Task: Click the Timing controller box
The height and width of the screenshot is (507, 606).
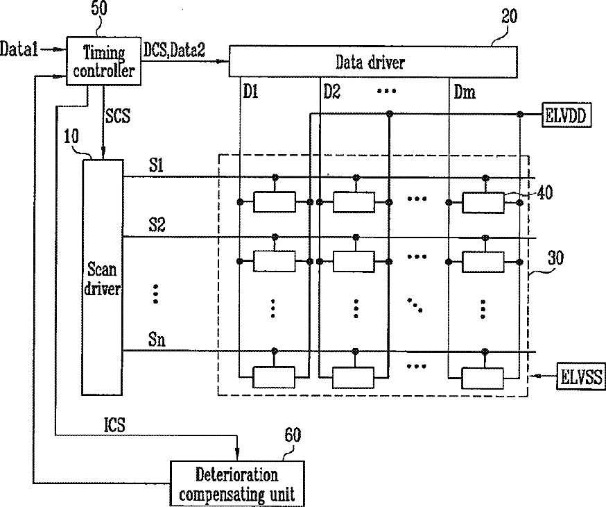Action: [x=103, y=61]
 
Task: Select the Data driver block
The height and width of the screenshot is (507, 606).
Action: [x=373, y=62]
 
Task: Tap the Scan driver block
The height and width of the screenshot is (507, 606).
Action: [x=103, y=277]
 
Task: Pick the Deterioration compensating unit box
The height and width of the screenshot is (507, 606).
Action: [x=237, y=483]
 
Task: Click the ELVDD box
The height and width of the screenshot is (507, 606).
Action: [x=566, y=115]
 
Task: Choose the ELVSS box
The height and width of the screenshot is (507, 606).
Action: [x=581, y=376]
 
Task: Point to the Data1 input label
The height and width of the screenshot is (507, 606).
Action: [x=19, y=49]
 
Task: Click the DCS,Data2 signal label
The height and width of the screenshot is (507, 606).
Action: [x=174, y=49]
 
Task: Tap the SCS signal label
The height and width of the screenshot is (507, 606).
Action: [x=118, y=116]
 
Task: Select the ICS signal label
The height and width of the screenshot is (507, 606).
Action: [x=114, y=425]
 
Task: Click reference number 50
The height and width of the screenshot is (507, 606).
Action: [x=99, y=8]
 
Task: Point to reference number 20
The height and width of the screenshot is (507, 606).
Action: [x=510, y=17]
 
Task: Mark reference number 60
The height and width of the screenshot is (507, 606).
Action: [x=293, y=435]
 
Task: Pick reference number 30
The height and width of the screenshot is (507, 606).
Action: [x=556, y=258]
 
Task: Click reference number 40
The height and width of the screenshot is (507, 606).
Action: [x=545, y=192]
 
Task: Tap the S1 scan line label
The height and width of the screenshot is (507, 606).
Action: [x=157, y=165]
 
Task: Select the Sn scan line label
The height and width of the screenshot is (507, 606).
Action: [x=157, y=340]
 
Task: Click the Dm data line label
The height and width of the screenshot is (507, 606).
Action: [x=465, y=92]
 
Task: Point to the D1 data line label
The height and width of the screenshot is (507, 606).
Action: [x=250, y=92]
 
